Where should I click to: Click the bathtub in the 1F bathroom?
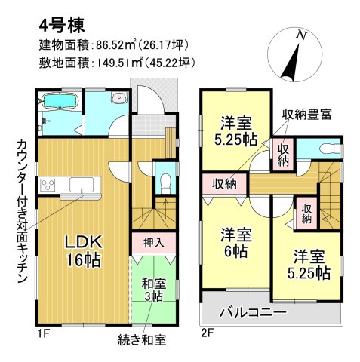coord(60,101)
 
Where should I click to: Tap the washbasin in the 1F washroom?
coord(118,97)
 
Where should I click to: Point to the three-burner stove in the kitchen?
coord(48,185)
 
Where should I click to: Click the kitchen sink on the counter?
coord(82,185)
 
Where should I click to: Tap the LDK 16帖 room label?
coord(84,251)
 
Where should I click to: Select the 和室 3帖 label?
coord(154,290)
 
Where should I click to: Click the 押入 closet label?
coord(154,243)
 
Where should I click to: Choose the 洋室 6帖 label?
coord(236,242)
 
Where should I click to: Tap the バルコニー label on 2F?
coord(253,312)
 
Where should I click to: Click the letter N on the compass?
coord(302,35)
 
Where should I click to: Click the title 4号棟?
coord(62,26)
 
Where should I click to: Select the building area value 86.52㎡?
coord(112,45)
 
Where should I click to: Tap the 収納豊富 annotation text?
coord(306,115)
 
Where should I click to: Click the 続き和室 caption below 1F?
coord(142,340)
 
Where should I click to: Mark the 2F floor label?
coord(208,333)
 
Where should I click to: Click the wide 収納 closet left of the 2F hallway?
coord(225,185)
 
